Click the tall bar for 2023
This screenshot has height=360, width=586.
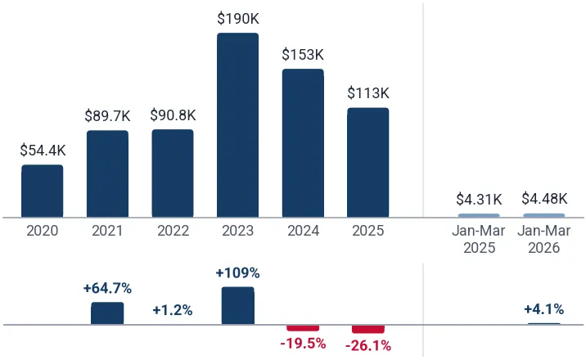(x=237, y=125)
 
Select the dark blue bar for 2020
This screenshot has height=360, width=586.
(x=43, y=191)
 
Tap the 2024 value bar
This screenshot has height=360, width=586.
(x=303, y=143)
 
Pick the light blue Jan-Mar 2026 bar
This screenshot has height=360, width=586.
(x=544, y=215)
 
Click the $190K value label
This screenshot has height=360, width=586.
(x=238, y=19)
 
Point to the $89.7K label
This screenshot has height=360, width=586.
(x=108, y=115)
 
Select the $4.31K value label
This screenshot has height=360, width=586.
(x=479, y=200)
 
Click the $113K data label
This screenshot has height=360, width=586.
(x=368, y=93)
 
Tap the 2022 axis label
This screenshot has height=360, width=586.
(x=173, y=231)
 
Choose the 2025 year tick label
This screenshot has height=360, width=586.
(x=368, y=231)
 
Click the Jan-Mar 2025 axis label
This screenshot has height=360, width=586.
(x=479, y=239)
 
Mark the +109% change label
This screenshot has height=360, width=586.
(x=237, y=273)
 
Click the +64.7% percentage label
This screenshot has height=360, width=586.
(x=108, y=288)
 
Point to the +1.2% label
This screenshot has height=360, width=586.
(x=173, y=310)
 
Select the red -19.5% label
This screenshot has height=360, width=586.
(x=303, y=343)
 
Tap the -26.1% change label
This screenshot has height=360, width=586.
(x=368, y=346)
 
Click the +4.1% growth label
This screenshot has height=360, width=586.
(x=544, y=309)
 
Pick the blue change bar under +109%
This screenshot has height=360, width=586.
(x=237, y=305)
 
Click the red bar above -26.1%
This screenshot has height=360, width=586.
(x=368, y=329)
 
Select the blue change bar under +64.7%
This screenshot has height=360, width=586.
(x=107, y=313)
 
